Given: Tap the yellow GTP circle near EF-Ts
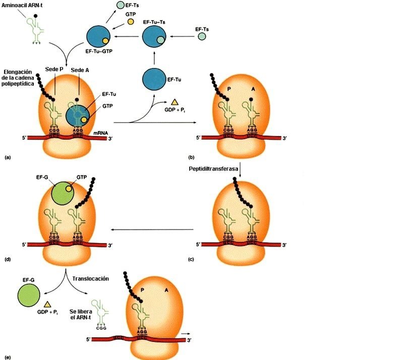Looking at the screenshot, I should (131, 23).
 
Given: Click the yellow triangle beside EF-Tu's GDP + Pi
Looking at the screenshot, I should (174, 102).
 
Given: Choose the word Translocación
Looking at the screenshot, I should (90, 278).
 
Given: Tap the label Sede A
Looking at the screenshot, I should (80, 69).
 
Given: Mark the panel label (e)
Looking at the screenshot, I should (7, 357).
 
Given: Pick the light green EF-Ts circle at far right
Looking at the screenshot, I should (202, 37).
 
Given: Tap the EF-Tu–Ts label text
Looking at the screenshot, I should (154, 23).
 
